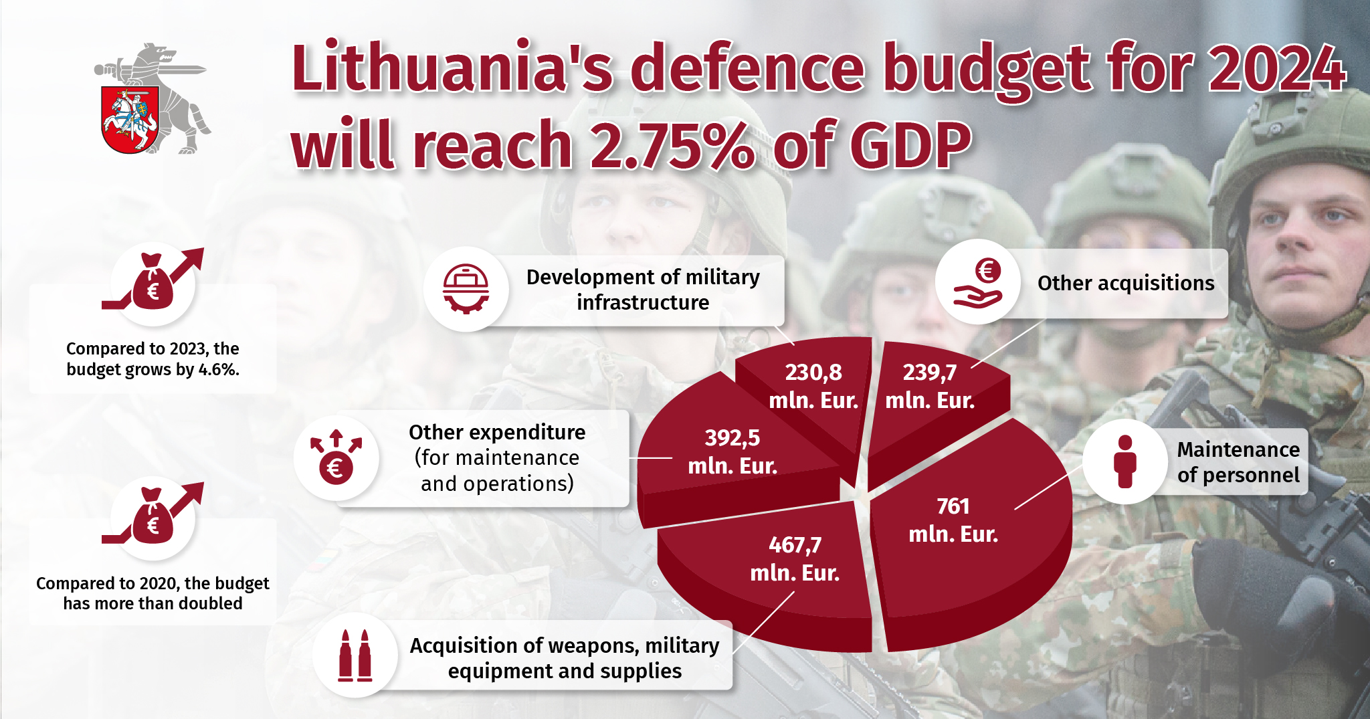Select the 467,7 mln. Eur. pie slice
tap(769, 569)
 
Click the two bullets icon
tap(355, 655)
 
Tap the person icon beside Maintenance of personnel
tap(1124, 461)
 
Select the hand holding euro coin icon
tap(977, 282)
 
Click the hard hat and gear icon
tap(466, 289)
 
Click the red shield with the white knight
tap(129, 119)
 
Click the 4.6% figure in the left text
tap(218, 369)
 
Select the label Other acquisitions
tap(1126, 283)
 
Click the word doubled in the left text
tap(209, 603)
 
